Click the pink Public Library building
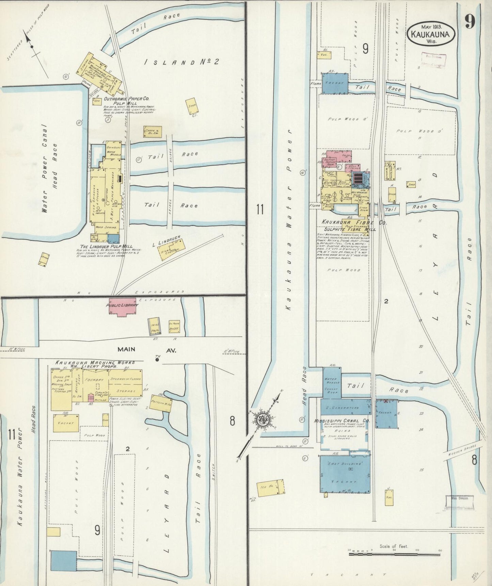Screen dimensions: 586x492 click(x=122, y=306)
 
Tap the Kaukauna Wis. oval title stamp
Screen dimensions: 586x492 click(x=431, y=34)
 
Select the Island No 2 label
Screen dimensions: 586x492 click(x=181, y=62)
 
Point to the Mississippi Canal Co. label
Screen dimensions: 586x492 click(x=342, y=421)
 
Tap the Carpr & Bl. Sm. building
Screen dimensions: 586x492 click(x=153, y=132)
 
